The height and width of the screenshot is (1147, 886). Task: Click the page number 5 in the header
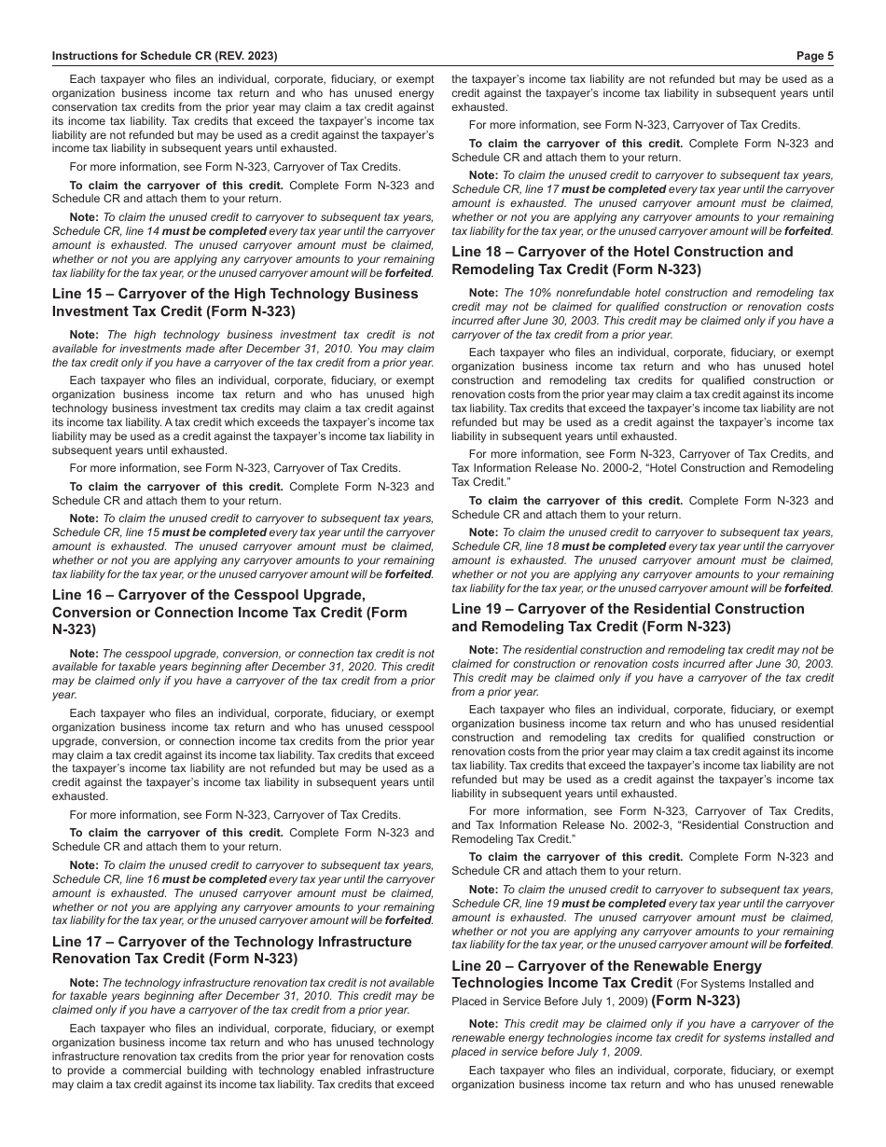coord(830,55)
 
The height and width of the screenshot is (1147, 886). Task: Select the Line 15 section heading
coord(235,302)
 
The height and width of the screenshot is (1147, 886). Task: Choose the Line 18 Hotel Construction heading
coord(622,260)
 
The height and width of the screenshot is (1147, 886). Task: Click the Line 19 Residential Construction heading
coord(628,617)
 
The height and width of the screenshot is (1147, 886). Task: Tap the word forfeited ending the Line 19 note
coord(809,945)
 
